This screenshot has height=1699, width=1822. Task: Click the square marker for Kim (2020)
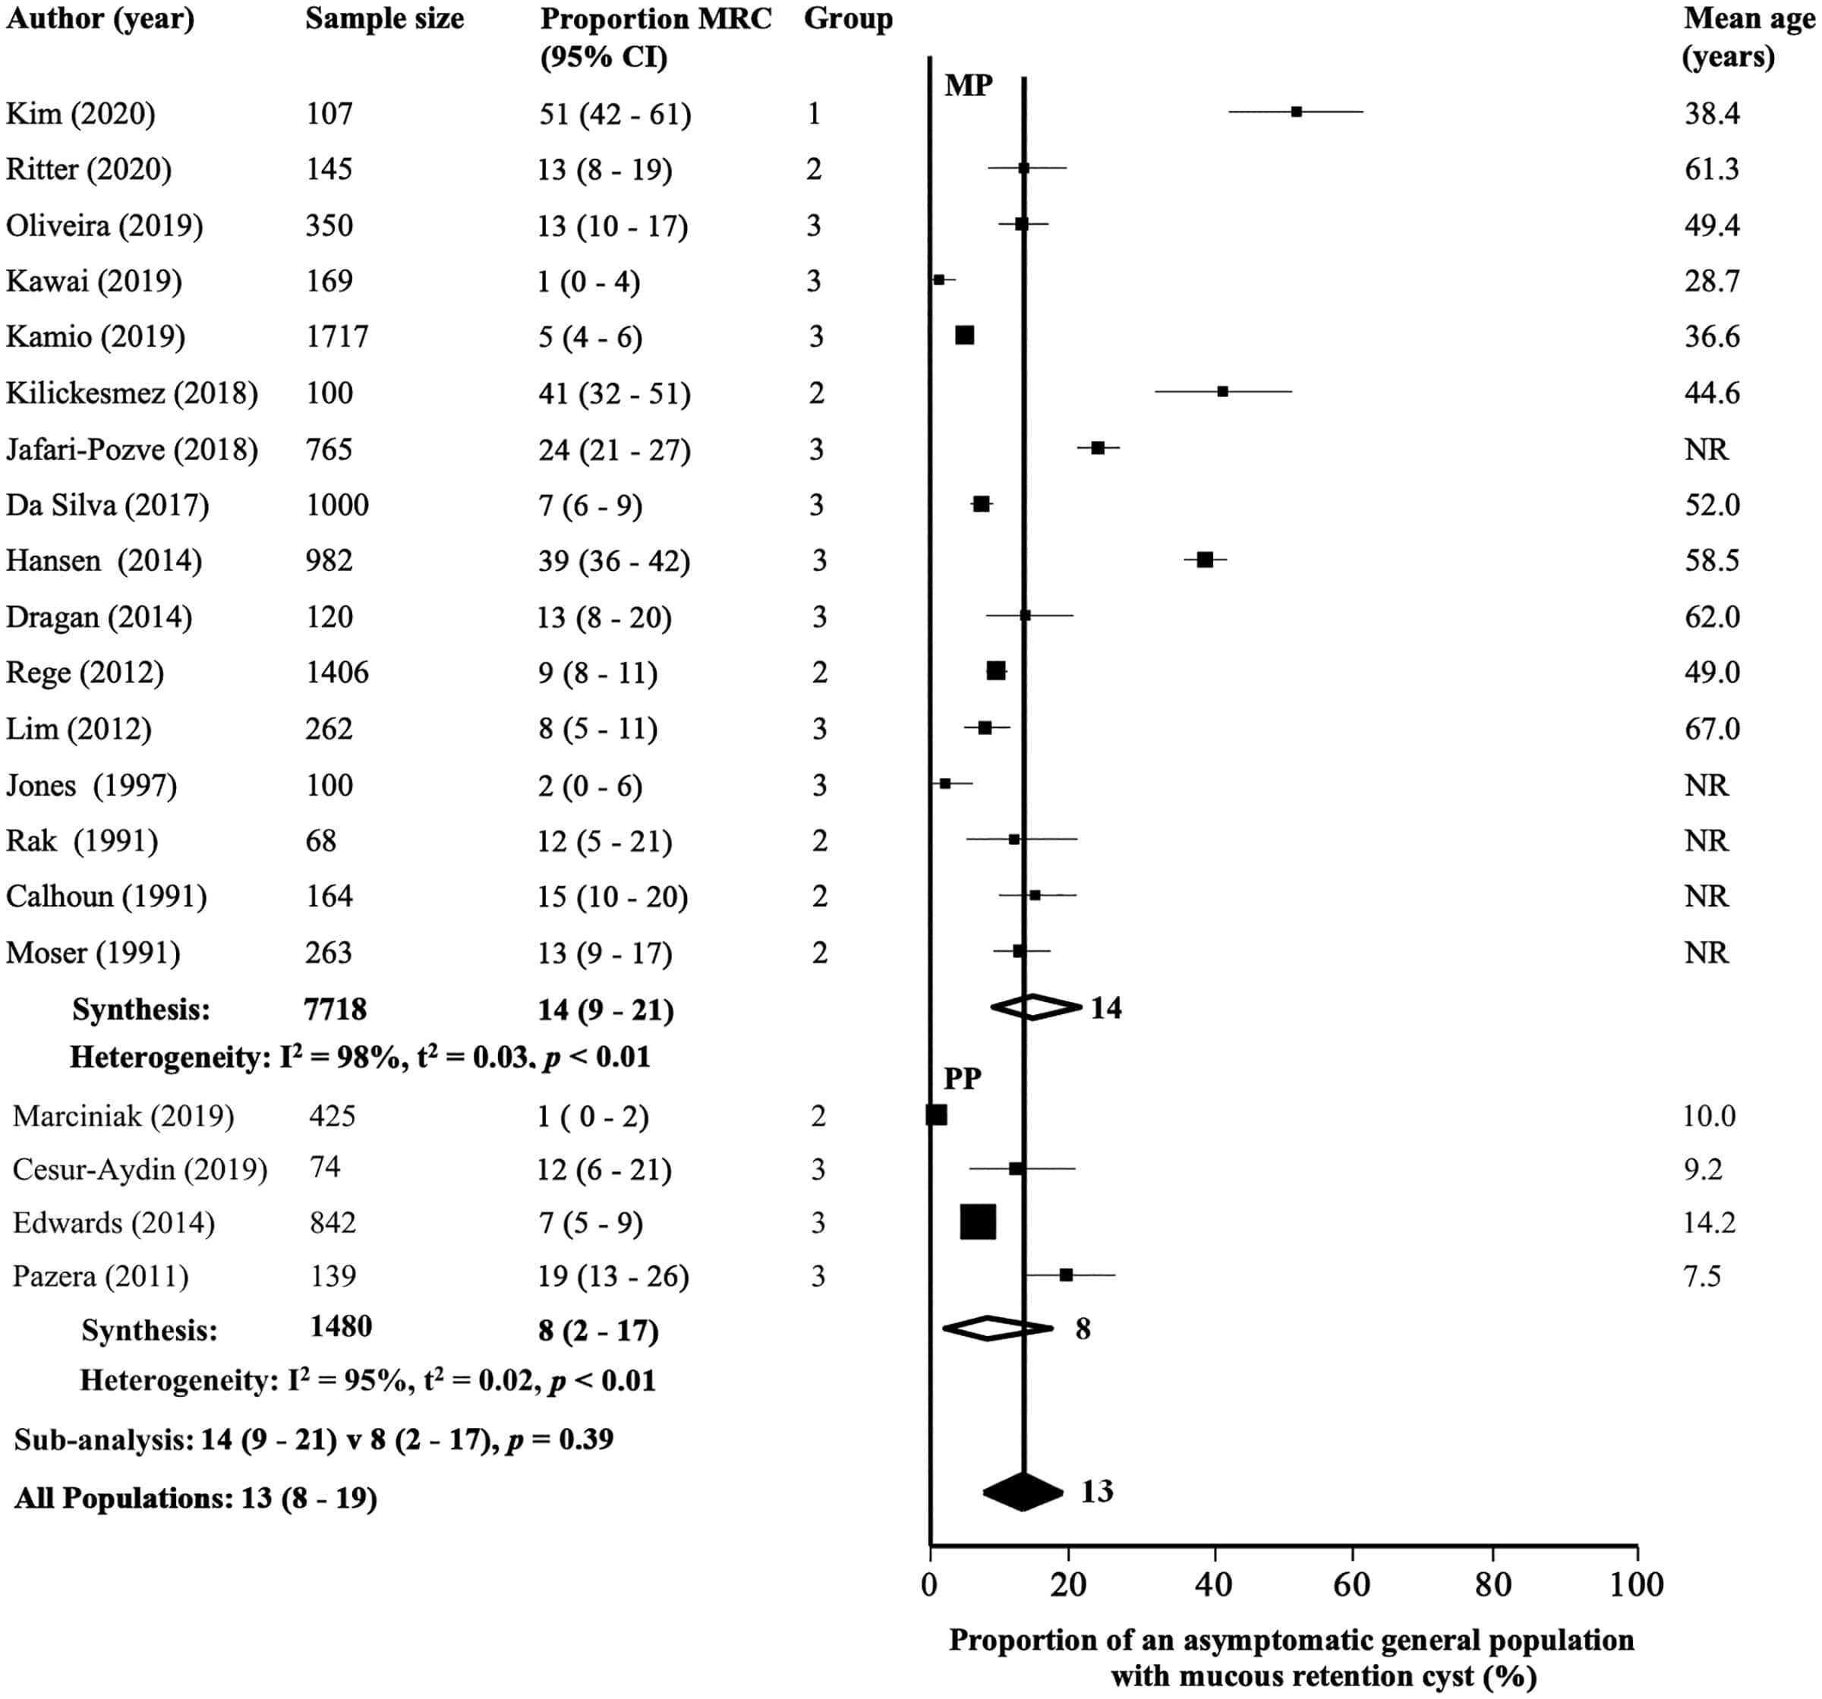(x=1296, y=112)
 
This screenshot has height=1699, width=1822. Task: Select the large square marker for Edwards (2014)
(x=978, y=1221)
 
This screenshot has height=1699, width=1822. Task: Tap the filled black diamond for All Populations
(x=1022, y=1491)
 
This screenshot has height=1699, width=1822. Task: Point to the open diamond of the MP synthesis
(x=1036, y=1007)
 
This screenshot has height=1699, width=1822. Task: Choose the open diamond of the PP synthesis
(x=997, y=1328)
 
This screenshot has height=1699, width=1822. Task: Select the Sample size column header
(x=385, y=19)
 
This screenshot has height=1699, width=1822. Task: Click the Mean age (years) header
(x=1748, y=37)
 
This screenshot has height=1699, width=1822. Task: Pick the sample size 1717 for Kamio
(x=337, y=336)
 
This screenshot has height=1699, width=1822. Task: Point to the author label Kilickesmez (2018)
(x=132, y=393)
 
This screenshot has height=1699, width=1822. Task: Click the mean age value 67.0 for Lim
(x=1712, y=729)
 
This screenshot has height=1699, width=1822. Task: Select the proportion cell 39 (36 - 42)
(x=614, y=561)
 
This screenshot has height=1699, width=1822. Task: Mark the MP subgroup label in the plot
(x=969, y=85)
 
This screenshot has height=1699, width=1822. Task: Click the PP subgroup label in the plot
(x=963, y=1079)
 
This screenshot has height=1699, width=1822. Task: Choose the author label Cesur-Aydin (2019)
(x=140, y=1169)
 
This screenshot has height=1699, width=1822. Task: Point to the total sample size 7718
(x=336, y=1009)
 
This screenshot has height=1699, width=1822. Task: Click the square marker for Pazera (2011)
(x=1066, y=1275)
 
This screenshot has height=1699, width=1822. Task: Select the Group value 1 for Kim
(x=814, y=114)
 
